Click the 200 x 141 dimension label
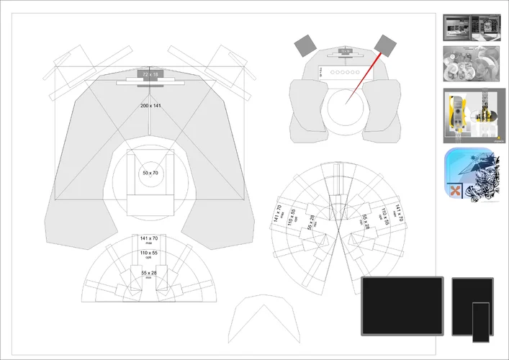point(150,105)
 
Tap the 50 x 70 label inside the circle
point(150,174)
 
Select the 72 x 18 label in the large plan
point(150,75)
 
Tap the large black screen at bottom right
point(402,305)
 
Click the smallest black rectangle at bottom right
point(479,322)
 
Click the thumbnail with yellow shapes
point(472,113)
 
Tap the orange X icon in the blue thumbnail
point(455,190)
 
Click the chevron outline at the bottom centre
point(263,322)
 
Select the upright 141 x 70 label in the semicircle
point(149,239)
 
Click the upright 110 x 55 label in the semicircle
point(149,256)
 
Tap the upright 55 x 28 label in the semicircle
point(149,274)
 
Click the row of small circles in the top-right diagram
point(345,73)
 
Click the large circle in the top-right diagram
point(345,108)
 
